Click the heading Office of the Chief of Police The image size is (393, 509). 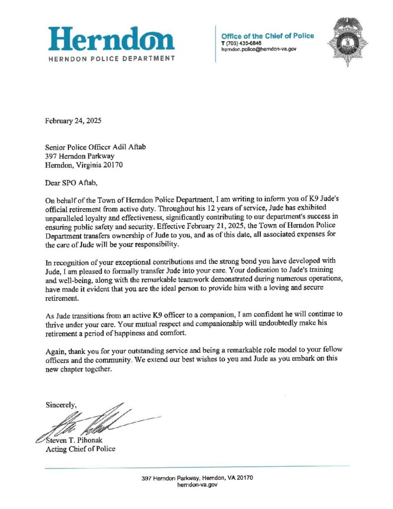point(267,36)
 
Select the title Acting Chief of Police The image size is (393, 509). point(80,449)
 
